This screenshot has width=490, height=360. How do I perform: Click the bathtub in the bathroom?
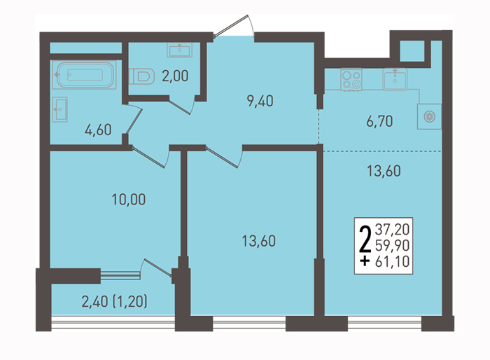[x=84, y=75]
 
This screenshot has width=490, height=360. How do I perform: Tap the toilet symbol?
[x=142, y=76]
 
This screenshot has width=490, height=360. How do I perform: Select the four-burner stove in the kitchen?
[x=351, y=79]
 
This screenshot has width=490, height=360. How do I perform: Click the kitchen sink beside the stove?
[x=395, y=79]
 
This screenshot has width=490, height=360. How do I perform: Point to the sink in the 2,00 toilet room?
[x=179, y=50]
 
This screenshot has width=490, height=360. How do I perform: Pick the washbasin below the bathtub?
[x=59, y=109]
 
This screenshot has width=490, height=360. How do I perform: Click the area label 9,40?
[x=260, y=101]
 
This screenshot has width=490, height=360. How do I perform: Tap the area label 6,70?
[x=379, y=121]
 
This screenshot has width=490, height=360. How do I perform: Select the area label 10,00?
[x=129, y=199]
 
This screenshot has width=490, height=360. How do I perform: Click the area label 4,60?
[x=98, y=130]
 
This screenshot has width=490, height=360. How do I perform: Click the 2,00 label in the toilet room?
[x=175, y=76]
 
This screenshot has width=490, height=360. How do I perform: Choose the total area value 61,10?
[x=392, y=261]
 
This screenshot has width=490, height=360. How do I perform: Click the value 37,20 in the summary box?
[x=392, y=229]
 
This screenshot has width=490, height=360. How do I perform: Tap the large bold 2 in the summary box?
[x=365, y=240]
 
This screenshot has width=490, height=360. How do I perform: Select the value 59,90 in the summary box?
[x=392, y=245]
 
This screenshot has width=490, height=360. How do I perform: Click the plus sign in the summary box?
[x=365, y=261]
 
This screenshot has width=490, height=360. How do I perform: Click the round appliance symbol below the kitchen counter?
[x=429, y=117]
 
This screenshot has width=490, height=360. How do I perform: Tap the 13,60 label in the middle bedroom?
[x=259, y=241]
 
